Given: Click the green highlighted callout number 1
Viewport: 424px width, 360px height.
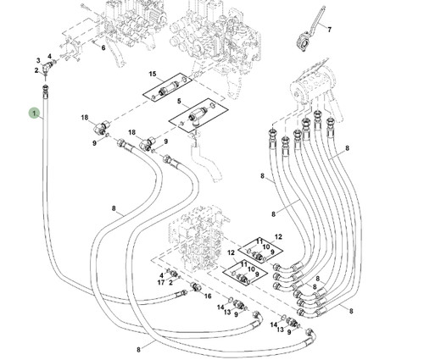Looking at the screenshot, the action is point(34,114).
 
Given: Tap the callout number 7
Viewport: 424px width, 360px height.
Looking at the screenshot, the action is point(329,30).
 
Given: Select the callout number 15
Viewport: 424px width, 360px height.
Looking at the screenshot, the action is point(153,74).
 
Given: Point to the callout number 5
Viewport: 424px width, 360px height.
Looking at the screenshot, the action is point(179,101).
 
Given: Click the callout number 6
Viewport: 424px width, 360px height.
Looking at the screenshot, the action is point(103,47).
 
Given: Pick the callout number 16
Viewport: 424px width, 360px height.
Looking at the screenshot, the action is point(208,296).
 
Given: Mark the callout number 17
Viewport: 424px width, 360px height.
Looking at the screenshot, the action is point(161,282).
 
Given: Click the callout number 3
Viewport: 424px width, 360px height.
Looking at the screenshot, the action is point(38,60).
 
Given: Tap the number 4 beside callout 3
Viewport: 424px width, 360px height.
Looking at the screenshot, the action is point(49,57).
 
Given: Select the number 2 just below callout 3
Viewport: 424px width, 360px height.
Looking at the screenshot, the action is point(36,70).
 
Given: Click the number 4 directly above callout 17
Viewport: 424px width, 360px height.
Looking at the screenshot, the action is point(161,275).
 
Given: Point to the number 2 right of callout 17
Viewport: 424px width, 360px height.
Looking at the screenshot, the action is point(170,282).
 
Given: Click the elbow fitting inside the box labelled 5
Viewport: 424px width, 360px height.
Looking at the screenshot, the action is point(195,116).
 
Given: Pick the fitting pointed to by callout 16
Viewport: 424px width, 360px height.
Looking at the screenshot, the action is point(195,287).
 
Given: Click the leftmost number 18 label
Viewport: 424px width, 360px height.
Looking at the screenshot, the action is point(85,117).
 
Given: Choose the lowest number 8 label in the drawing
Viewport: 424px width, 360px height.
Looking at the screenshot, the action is point(138,350).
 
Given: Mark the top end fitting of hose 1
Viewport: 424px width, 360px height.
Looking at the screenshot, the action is point(46,91).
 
